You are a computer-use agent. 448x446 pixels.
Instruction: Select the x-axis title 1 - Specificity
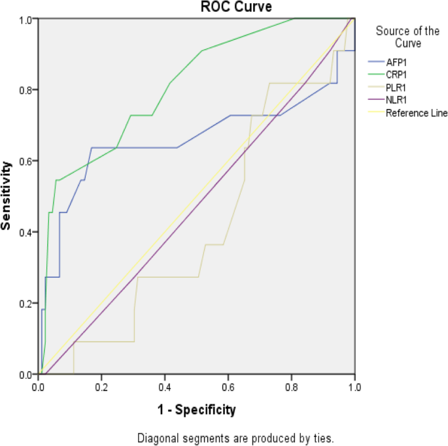[196, 410]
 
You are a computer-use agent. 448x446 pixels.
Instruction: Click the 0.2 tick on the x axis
[101, 387]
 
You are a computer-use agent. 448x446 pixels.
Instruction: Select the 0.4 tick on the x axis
[165, 387]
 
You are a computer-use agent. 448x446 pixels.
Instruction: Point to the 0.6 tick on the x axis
[228, 387]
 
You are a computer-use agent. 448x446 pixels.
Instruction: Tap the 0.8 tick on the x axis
[291, 387]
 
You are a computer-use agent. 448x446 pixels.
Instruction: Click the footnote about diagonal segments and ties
[235, 437]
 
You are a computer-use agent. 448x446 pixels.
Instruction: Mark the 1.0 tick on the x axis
[354, 387]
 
